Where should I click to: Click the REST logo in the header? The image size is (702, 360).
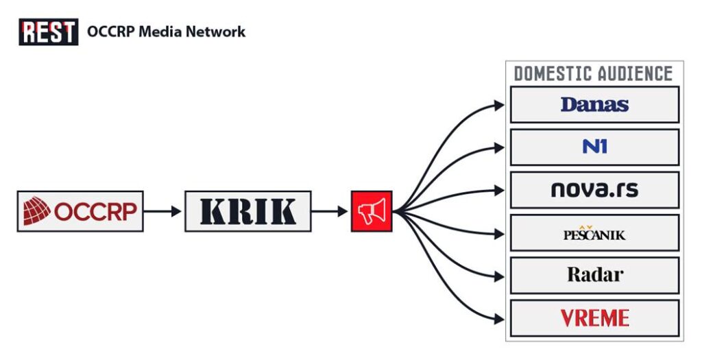pos(48,32)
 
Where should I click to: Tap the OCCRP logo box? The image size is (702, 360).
pos(80,211)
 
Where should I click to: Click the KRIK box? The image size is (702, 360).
pos(247,211)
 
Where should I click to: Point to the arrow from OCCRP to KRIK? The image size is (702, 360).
pos(164,211)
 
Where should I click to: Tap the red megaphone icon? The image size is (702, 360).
pos(372,211)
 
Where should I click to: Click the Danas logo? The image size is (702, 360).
pos(594,105)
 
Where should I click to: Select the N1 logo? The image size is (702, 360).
pos(594,147)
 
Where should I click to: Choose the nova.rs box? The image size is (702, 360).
pos(594,190)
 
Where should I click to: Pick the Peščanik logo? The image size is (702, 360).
pos(594,233)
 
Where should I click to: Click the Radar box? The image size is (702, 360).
pos(594,275)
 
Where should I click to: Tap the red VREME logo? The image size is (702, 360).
pos(594,318)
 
